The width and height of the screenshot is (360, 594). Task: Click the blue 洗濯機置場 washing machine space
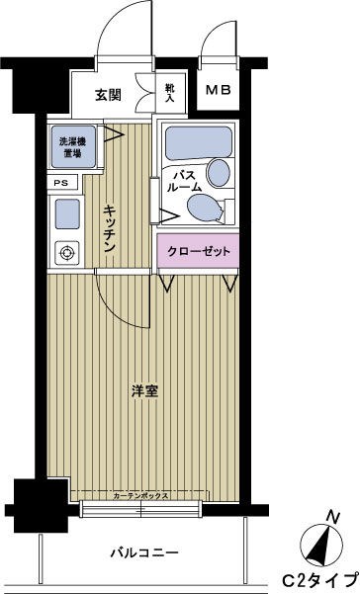[69, 146]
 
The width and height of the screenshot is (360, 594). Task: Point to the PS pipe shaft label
[61, 183]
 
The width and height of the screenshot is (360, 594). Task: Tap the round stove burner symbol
[68, 252]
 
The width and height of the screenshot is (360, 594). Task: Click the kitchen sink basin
[67, 213]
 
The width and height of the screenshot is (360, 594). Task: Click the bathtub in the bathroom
[196, 143]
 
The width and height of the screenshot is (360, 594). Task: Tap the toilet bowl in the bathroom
[202, 208]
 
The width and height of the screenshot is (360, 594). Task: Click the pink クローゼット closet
[198, 252]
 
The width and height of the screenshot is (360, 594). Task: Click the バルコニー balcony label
[143, 552]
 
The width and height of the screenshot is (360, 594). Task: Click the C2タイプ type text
[322, 578]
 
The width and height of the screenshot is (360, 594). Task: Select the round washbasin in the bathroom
[220, 173]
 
